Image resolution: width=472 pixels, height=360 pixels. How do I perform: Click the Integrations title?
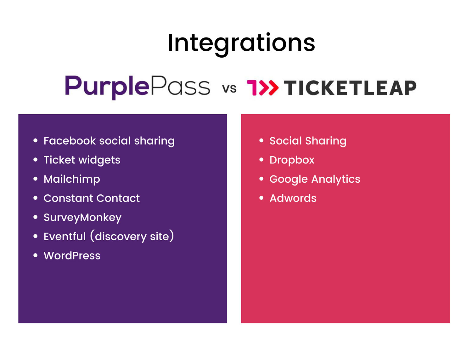pyautogui.click(x=241, y=43)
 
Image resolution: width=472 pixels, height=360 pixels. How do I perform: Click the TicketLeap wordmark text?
pyautogui.click(x=350, y=88)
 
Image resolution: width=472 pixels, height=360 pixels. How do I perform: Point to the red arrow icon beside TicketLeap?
pyautogui.click(x=263, y=88)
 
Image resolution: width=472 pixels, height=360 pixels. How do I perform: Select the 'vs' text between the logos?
pyautogui.click(x=229, y=89)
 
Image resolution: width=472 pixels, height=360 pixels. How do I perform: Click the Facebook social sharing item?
pyautogui.click(x=109, y=141)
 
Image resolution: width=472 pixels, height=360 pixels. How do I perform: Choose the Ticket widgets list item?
pyautogui.click(x=82, y=160)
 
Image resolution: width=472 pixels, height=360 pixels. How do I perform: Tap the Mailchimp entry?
pyautogui.click(x=72, y=179)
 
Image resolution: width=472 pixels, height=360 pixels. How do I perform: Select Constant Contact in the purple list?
pyautogui.click(x=92, y=198)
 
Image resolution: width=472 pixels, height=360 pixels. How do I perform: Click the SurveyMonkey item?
pyautogui.click(x=82, y=218)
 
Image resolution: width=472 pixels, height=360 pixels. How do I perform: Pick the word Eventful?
pyautogui.click(x=65, y=237)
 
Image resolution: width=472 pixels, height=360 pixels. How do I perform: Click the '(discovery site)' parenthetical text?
pyautogui.click(x=132, y=237)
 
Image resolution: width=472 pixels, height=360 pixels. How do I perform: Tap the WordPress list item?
pyautogui.click(x=72, y=256)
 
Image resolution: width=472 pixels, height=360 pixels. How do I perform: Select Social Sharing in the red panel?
pyautogui.click(x=308, y=141)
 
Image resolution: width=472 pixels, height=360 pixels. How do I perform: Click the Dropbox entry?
pyautogui.click(x=292, y=160)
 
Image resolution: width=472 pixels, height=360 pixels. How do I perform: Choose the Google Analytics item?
pyautogui.click(x=315, y=179)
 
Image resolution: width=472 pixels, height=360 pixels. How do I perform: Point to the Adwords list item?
pyautogui.click(x=293, y=198)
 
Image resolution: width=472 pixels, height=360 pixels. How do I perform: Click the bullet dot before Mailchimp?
pyautogui.click(x=36, y=179)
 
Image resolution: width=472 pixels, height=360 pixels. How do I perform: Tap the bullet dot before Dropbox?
pyautogui.click(x=261, y=160)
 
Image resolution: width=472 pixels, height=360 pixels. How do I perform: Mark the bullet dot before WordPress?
pyautogui.click(x=36, y=255)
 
